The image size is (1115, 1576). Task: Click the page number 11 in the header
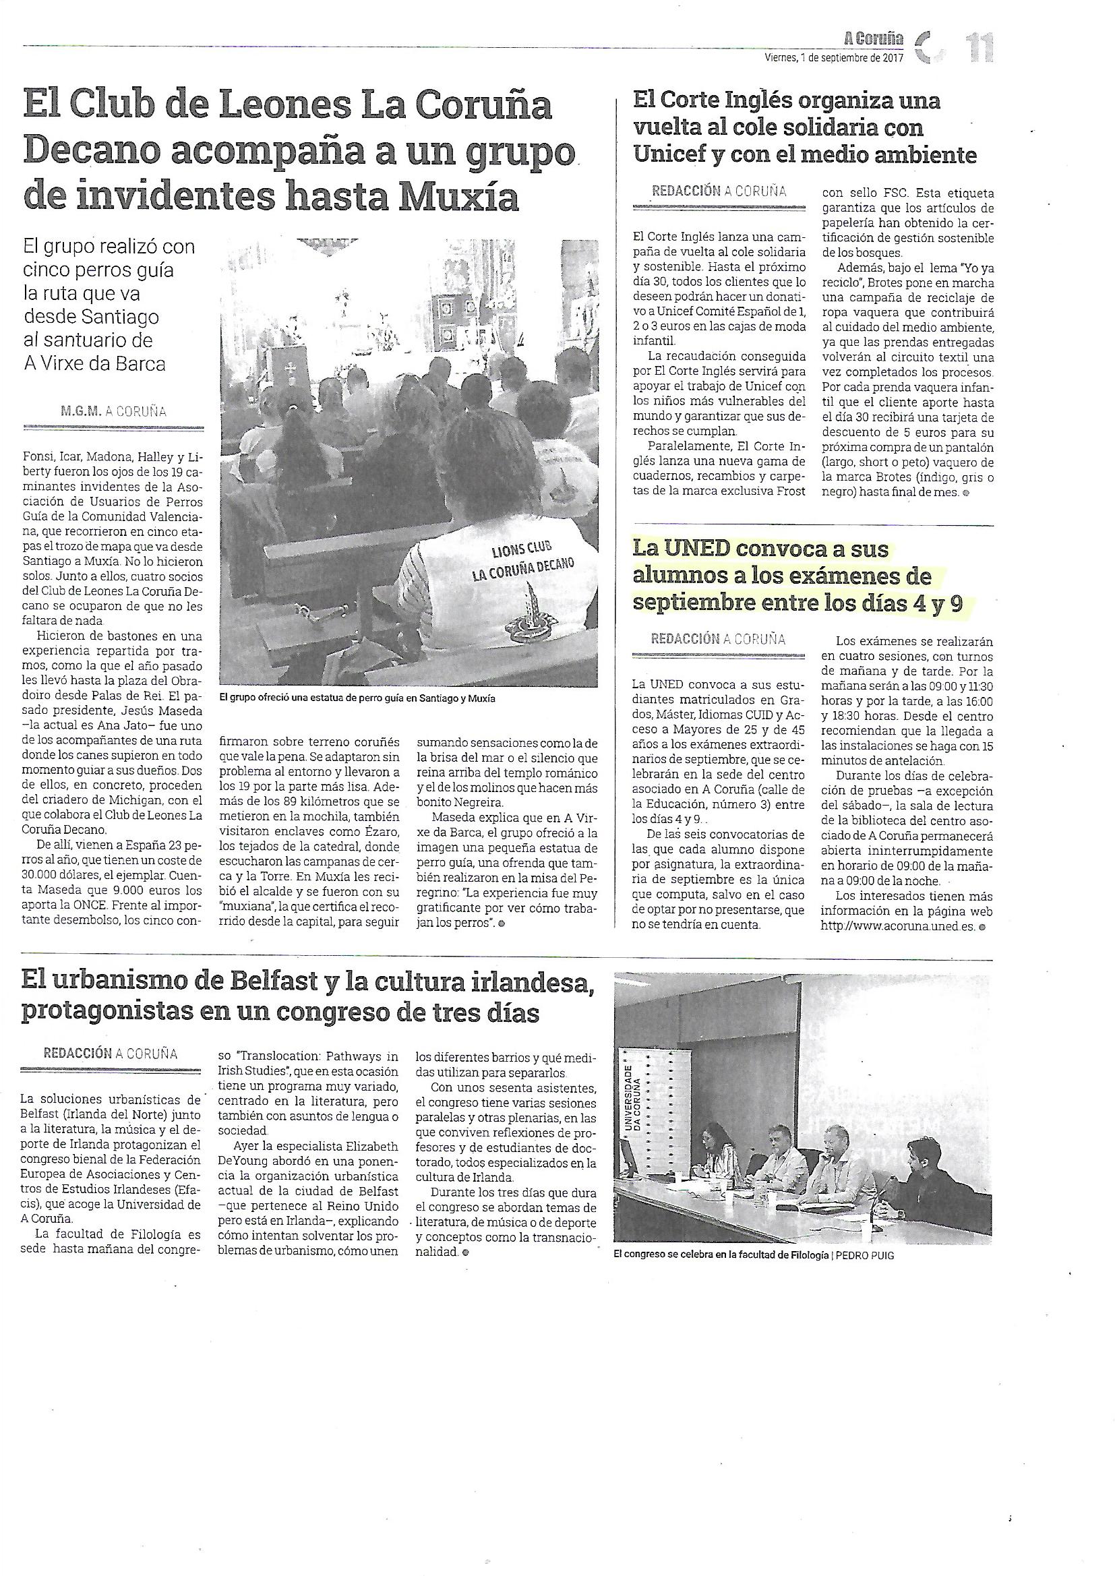[980, 49]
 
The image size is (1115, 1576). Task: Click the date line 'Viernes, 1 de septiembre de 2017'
[834, 59]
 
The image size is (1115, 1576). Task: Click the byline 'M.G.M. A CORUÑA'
[113, 412]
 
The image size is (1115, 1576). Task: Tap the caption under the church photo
[357, 698]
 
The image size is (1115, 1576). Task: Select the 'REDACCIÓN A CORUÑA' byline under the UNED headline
[718, 639]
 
